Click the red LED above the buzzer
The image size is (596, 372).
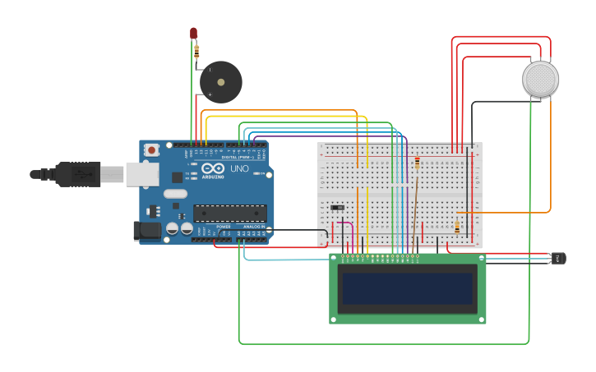[194, 33]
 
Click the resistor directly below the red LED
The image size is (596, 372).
[196, 51]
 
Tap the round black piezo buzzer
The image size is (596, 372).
[220, 82]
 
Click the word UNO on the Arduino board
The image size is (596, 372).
[239, 168]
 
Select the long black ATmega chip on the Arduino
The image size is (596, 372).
[230, 214]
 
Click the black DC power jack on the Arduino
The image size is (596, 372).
[147, 231]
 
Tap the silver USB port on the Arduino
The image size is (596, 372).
[142, 174]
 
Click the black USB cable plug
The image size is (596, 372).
[78, 174]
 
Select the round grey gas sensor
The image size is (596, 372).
[540, 79]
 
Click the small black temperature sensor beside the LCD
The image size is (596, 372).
[558, 259]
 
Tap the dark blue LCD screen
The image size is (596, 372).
[408, 289]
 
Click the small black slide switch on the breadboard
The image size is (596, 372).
[337, 207]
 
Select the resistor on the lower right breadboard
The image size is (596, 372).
[457, 227]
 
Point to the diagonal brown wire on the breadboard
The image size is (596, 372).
[414, 209]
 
